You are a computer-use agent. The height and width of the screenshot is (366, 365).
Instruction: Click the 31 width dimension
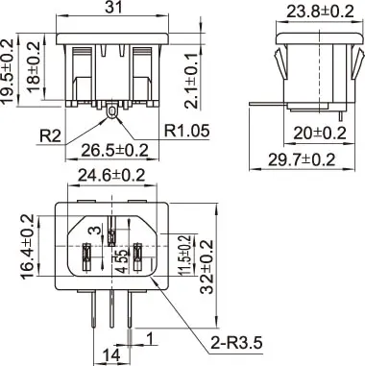(x=113, y=7)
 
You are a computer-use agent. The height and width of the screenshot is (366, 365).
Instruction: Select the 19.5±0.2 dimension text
(x=8, y=71)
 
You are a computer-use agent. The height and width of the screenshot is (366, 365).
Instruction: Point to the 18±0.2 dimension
(x=33, y=66)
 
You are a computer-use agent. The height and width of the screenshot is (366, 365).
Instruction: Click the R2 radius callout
(x=50, y=135)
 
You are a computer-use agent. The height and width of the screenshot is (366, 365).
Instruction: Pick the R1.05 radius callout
(x=187, y=131)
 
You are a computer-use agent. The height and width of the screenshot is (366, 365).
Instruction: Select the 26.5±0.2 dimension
(x=115, y=151)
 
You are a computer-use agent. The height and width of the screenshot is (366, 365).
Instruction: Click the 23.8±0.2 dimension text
(x=320, y=12)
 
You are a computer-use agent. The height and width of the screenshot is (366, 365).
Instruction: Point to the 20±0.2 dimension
(x=320, y=134)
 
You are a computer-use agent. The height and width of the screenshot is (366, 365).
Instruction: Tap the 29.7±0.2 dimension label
(x=302, y=159)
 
